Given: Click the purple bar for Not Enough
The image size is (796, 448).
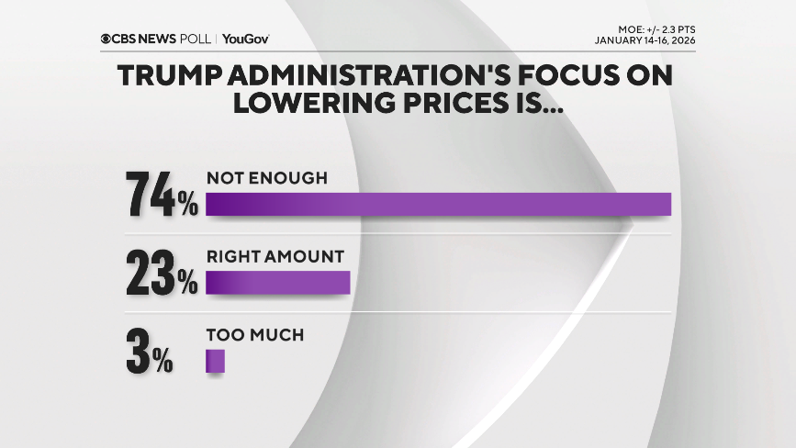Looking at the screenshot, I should (438, 204).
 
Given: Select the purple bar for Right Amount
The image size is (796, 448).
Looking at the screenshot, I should (278, 283).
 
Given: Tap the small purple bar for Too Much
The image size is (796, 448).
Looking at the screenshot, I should (215, 361).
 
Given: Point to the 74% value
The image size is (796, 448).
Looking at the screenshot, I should (163, 194).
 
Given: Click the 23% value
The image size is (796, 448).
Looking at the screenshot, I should (163, 273).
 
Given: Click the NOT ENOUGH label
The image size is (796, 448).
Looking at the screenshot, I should (266, 178).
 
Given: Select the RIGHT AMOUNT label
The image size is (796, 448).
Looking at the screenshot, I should (275, 257).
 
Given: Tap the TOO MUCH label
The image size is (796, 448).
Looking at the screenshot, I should (254, 335).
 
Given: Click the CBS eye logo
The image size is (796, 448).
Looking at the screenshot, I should (107, 39).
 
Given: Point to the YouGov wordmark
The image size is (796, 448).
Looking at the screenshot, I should (245, 39).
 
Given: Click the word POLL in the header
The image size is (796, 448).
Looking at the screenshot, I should (195, 39).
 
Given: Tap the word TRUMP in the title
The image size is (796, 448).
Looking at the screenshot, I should (173, 77).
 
